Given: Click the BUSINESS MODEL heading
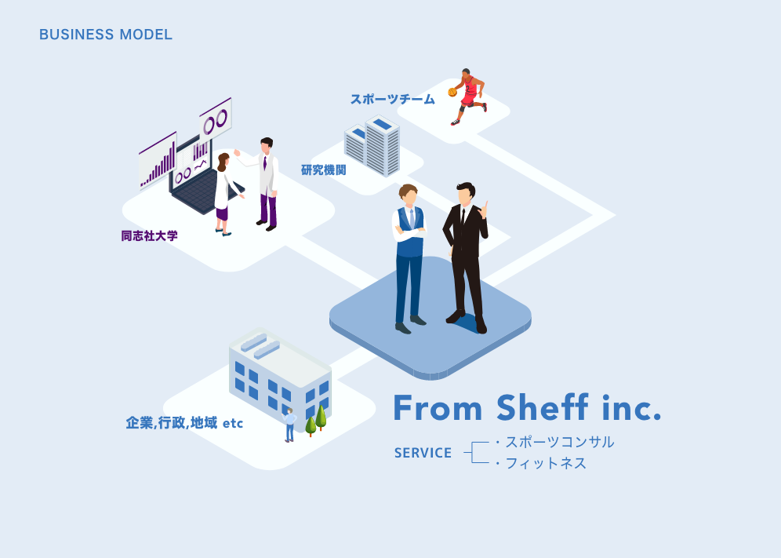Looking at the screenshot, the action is pyautogui.click(x=106, y=35).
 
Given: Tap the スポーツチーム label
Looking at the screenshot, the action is pyautogui.click(x=392, y=99).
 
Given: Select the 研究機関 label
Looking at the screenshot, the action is pyautogui.click(x=323, y=170).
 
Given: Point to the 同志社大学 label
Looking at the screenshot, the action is pyautogui.click(x=149, y=235).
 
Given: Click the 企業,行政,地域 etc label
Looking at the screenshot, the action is pyautogui.click(x=184, y=423).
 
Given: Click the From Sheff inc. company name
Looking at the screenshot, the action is pyautogui.click(x=527, y=407).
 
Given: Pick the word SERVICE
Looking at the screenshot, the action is pyautogui.click(x=423, y=453).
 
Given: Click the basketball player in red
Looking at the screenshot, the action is pyautogui.click(x=469, y=97).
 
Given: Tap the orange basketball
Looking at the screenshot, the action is pyautogui.click(x=452, y=92).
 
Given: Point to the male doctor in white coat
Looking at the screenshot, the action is pyautogui.click(x=267, y=184).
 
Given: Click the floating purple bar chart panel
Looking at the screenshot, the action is pyautogui.click(x=158, y=161).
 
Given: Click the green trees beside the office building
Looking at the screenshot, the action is pyautogui.click(x=316, y=420).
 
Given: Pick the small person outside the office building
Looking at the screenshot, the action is pyautogui.click(x=290, y=425).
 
